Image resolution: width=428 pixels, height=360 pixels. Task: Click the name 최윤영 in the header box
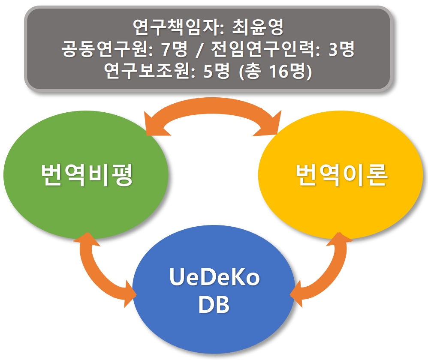click(258, 27)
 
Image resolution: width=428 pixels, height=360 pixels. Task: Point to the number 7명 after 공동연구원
click(175, 49)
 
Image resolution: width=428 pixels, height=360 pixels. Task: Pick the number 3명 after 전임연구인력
click(341, 49)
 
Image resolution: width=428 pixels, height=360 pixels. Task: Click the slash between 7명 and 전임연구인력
click(199, 49)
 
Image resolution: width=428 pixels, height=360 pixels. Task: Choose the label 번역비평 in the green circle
click(87, 175)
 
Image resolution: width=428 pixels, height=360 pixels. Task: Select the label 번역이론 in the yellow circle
click(341, 175)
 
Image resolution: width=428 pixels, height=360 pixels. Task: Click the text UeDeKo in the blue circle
click(214, 277)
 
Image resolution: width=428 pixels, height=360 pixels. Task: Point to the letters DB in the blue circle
click(214, 305)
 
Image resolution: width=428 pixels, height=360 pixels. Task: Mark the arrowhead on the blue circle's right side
click(296, 294)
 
